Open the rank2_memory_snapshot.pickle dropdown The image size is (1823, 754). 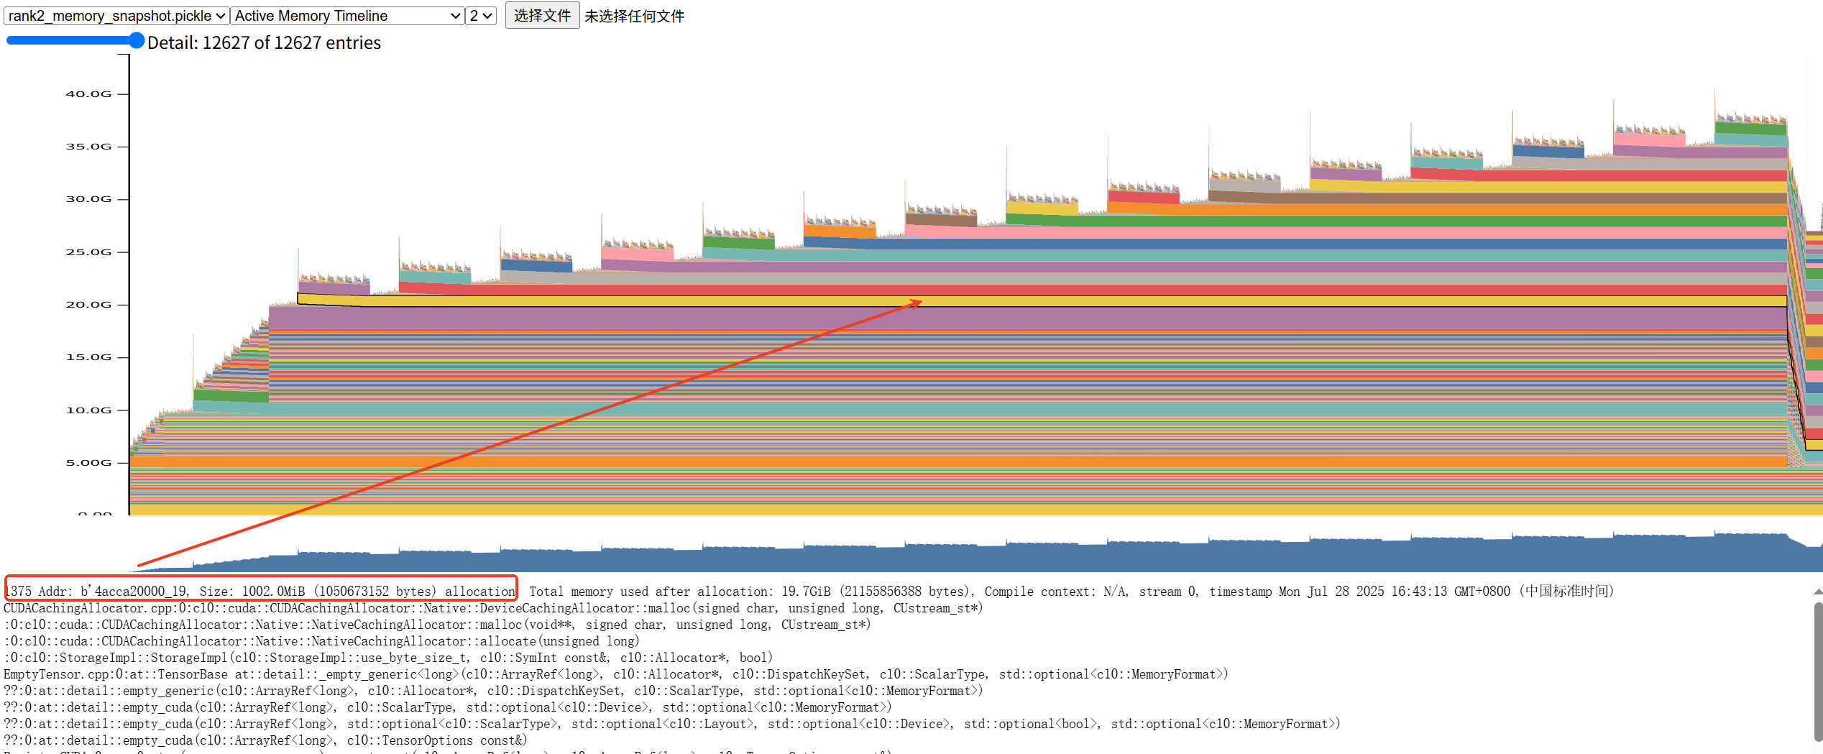[116, 16]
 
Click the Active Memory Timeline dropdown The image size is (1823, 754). [347, 16]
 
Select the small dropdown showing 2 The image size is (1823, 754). [481, 16]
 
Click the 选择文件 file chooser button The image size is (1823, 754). [542, 16]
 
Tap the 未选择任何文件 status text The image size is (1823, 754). [634, 17]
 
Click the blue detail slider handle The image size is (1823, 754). [136, 41]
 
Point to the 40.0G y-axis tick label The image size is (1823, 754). [88, 94]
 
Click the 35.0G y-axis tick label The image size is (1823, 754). [88, 147]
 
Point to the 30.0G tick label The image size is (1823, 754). [88, 199]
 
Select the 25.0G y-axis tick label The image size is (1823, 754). [88, 252]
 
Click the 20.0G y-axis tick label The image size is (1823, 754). [88, 305]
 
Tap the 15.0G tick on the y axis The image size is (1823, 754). [88, 357]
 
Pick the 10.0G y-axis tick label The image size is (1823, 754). [88, 410]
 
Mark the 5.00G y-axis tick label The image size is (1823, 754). [88, 463]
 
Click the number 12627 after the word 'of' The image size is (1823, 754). [298, 43]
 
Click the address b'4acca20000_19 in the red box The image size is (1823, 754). [135, 592]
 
